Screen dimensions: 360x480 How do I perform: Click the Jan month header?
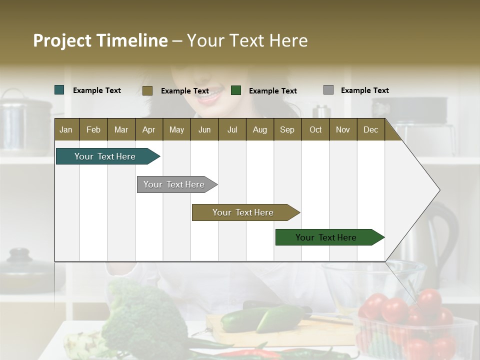click(x=66, y=129)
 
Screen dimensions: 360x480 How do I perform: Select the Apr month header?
click(x=149, y=129)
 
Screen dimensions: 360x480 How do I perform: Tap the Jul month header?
click(x=232, y=129)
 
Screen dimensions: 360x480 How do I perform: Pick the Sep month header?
click(x=287, y=129)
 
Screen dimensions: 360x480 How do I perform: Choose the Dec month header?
click(x=370, y=129)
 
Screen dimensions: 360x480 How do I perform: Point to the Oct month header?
click(x=315, y=129)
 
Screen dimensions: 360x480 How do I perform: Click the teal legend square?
click(x=59, y=90)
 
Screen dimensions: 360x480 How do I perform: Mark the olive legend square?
click(x=147, y=90)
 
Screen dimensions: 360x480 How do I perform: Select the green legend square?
click(x=236, y=90)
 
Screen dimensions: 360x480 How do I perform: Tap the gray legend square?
click(x=328, y=90)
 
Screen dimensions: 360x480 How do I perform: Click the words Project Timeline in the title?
click(x=100, y=40)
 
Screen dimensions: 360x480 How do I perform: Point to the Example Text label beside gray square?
click(x=364, y=90)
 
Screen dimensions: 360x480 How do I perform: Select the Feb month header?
click(x=93, y=129)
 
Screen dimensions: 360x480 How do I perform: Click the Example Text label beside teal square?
click(x=97, y=90)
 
